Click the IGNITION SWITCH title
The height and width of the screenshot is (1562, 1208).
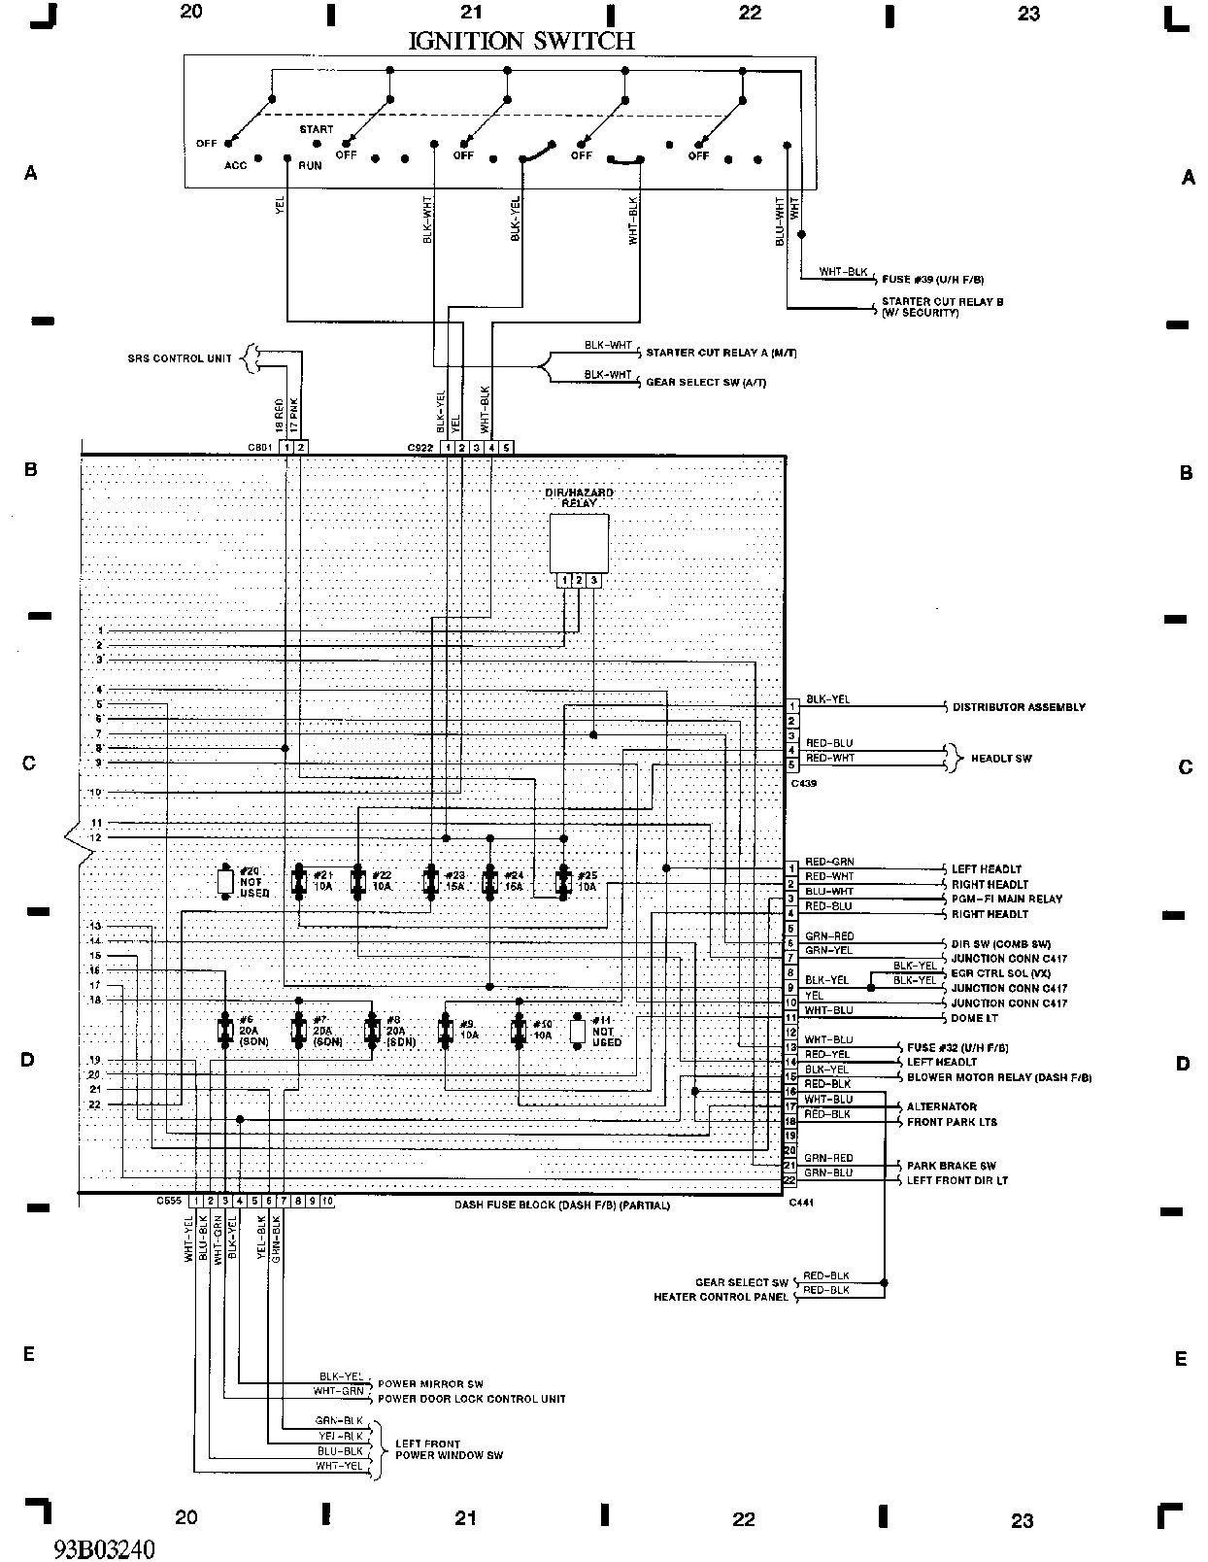coord(520,41)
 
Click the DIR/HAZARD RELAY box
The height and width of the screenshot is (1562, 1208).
coord(579,543)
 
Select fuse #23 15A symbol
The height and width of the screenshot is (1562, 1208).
coord(431,881)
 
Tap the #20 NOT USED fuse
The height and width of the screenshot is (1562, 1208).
coord(225,881)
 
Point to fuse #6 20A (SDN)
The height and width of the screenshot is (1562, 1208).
coord(224,1031)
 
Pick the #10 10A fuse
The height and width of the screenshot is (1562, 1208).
coord(520,1031)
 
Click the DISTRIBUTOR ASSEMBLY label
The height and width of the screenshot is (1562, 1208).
coord(1019,707)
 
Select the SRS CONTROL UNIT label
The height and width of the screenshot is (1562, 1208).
coord(180,358)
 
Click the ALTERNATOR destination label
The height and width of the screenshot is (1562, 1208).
coord(941,1106)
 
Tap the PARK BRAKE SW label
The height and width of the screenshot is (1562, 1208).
coord(951,1166)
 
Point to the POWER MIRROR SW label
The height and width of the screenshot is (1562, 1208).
coord(430,1384)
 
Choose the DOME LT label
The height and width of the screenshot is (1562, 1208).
coord(974,1018)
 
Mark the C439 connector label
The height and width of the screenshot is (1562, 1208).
coord(803,782)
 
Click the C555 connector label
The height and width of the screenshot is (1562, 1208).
coord(169,1202)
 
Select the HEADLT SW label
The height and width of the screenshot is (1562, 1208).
coord(1000,758)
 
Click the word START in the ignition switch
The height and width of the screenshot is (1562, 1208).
coord(316,129)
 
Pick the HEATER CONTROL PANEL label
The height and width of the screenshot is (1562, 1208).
coord(721,1297)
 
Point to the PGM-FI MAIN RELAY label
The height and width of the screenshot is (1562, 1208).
coord(1006,900)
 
